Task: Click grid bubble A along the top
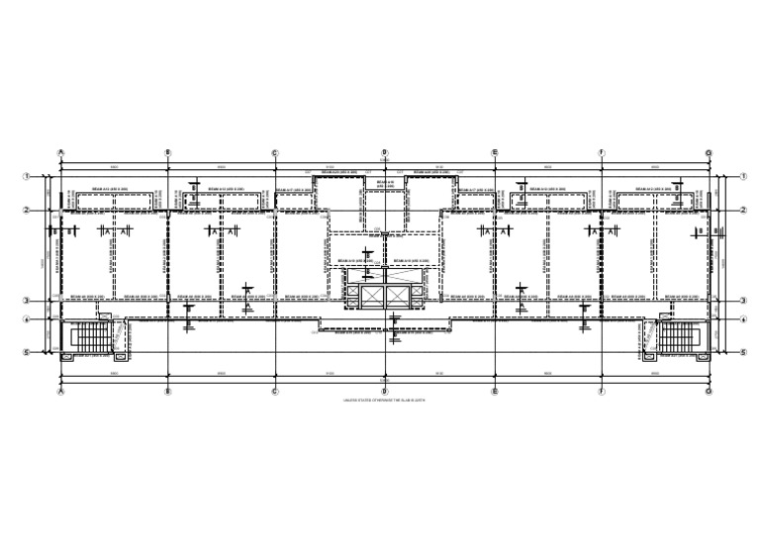click(61, 153)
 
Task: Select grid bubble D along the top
click(384, 153)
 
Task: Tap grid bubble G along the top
click(709, 153)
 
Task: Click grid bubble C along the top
click(275, 153)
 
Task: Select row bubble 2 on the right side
click(742, 210)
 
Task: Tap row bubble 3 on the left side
click(28, 301)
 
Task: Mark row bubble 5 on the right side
click(742, 352)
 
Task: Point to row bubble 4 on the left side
click(28, 319)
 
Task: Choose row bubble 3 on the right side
click(742, 301)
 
